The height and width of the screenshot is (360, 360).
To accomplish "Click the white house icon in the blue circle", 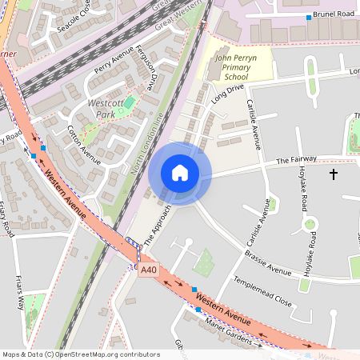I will (x=180, y=173).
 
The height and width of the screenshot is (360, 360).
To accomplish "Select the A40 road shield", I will (x=148, y=271).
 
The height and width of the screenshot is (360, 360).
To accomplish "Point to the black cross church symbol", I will (x=334, y=174).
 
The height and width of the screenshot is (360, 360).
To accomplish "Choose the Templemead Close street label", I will (x=262, y=291).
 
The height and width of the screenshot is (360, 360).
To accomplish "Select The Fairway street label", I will (x=296, y=160).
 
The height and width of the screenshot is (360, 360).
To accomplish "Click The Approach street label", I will (x=158, y=224).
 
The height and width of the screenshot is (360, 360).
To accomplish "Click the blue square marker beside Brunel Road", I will (x=310, y=17).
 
